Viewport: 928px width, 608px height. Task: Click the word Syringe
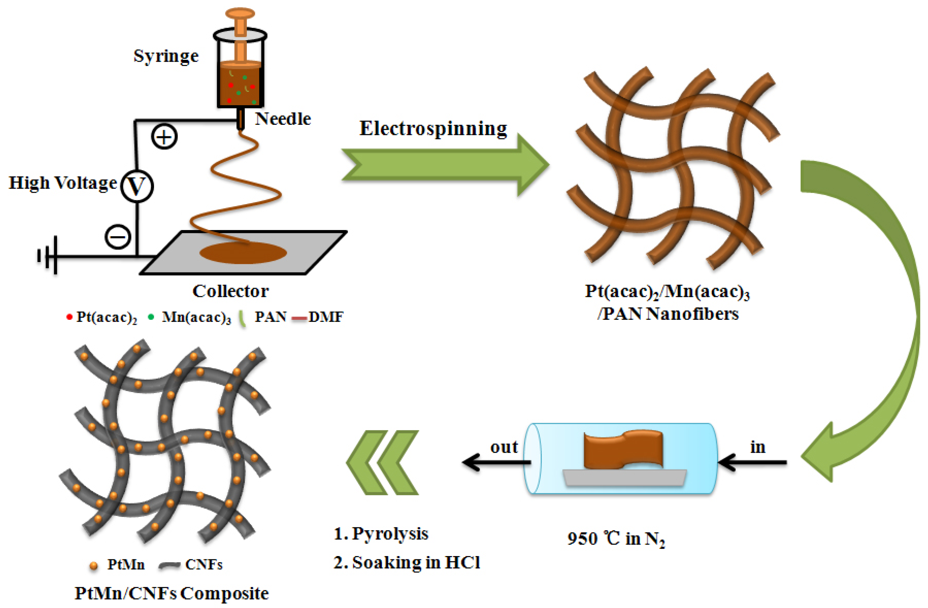click(x=166, y=57)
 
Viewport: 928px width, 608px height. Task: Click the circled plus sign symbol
click(x=164, y=137)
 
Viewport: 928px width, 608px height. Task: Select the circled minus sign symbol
click(x=118, y=237)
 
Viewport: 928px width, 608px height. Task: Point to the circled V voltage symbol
click(x=137, y=186)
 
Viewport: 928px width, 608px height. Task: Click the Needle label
click(x=283, y=119)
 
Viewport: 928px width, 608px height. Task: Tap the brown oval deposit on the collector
click(x=243, y=253)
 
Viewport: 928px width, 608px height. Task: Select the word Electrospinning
click(x=433, y=128)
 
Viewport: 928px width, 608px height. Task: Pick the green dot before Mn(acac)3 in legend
click(x=151, y=317)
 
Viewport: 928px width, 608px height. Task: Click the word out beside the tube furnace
click(x=504, y=447)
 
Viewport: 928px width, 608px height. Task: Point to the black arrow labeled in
click(x=752, y=462)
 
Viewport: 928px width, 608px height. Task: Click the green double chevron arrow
click(x=383, y=462)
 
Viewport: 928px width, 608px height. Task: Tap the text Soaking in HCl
click(x=416, y=562)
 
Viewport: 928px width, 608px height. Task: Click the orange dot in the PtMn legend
click(x=94, y=566)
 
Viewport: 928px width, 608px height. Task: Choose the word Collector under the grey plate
click(x=230, y=291)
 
